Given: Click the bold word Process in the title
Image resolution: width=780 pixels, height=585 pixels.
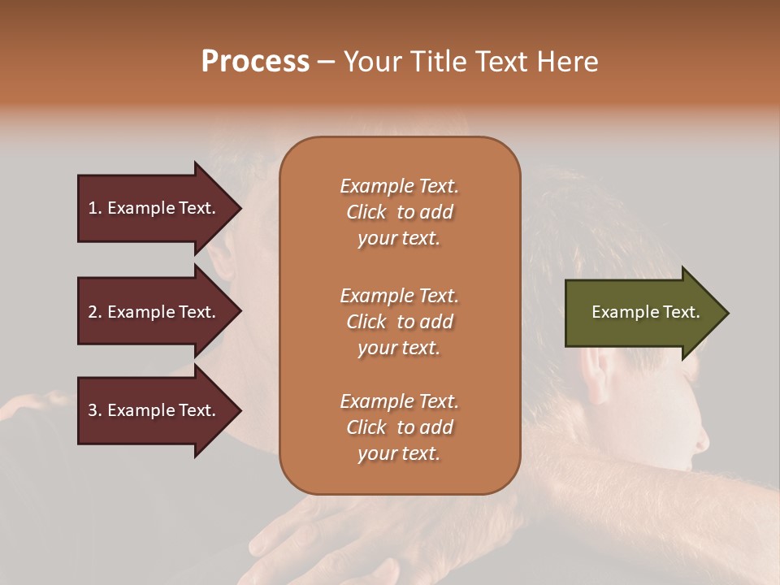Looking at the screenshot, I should tap(255, 62).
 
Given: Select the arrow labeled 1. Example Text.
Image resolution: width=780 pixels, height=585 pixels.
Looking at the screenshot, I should tap(153, 208).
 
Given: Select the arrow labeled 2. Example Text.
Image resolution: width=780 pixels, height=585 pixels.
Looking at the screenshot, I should tap(153, 312).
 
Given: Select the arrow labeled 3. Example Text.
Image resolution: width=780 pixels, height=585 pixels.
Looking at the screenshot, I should tap(153, 410).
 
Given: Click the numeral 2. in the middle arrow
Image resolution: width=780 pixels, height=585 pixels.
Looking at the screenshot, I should tap(95, 312).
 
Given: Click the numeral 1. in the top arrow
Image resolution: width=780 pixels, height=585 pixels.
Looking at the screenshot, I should tap(95, 208).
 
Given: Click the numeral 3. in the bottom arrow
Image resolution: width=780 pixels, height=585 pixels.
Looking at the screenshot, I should tap(95, 410).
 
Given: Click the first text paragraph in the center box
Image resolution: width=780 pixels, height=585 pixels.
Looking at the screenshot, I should tap(399, 212).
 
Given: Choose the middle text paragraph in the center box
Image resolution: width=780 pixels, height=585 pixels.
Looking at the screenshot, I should tap(399, 322).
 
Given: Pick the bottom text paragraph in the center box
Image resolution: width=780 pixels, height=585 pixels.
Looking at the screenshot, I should tap(399, 427).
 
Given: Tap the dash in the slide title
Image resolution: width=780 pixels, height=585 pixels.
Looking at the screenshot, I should tap(326, 63).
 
